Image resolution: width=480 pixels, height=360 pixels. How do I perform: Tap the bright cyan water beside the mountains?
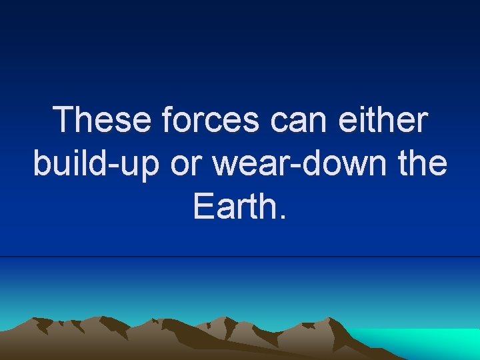click(x=427, y=343)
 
